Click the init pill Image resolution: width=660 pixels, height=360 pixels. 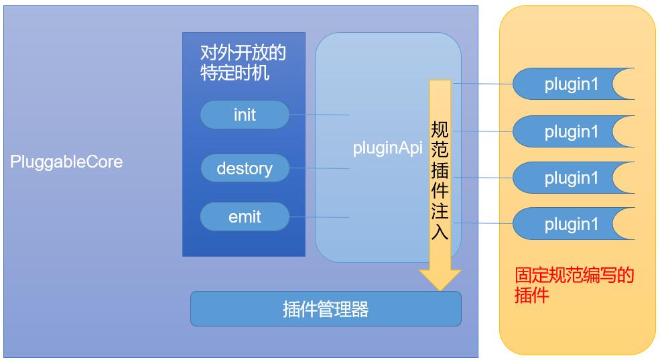tap(245, 115)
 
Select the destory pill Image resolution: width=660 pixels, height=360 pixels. tap(245, 168)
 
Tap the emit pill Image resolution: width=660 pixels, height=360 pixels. tap(245, 217)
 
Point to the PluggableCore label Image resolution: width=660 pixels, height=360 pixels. tap(66, 162)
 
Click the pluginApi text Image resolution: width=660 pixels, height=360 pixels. tap(387, 148)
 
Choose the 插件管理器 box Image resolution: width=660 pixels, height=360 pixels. tap(326, 309)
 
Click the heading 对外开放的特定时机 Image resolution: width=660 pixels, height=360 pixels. tap(243, 62)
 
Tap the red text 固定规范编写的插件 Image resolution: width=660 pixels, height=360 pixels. tap(574, 285)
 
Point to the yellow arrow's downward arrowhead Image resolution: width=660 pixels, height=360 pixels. tap(440, 278)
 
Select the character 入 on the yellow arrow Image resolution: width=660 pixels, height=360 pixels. tap(440, 232)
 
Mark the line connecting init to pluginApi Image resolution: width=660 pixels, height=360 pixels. tap(319, 115)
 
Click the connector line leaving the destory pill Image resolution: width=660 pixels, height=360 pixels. tap(319, 168)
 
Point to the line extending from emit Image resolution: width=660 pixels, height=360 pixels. tap(319, 217)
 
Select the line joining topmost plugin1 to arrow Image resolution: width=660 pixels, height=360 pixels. tap(482, 84)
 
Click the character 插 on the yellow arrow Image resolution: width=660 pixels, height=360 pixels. tap(440, 164)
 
